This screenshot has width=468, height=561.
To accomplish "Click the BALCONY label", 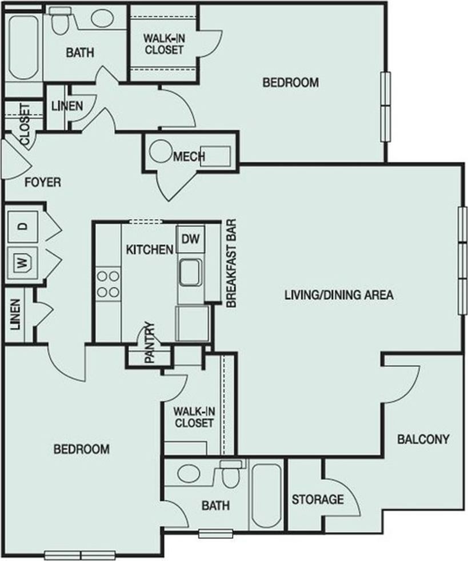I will pos(423,439).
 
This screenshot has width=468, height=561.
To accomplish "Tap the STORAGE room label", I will pos(318,500).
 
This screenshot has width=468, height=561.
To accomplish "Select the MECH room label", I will pos(189,156).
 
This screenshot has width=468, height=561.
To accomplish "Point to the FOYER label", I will pos(42,183).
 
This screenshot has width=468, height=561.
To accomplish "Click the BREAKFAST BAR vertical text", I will pos(231,264).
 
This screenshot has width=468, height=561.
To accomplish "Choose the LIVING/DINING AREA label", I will pos(339,295).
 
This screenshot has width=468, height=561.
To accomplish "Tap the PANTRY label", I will pos(149,344).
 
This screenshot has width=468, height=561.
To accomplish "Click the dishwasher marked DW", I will pos(190,239).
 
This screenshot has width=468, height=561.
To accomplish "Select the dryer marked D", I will pos(22,225).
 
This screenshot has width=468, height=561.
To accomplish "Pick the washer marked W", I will pos(22,263).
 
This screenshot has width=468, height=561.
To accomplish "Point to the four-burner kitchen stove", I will pos(108,284).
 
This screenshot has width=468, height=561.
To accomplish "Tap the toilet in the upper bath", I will pos(59,21).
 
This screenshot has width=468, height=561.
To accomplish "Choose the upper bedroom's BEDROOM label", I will pos(290,83).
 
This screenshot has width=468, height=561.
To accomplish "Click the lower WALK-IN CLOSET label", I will pos(194,417).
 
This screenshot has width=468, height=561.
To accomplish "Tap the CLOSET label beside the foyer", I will pos(24,124).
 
